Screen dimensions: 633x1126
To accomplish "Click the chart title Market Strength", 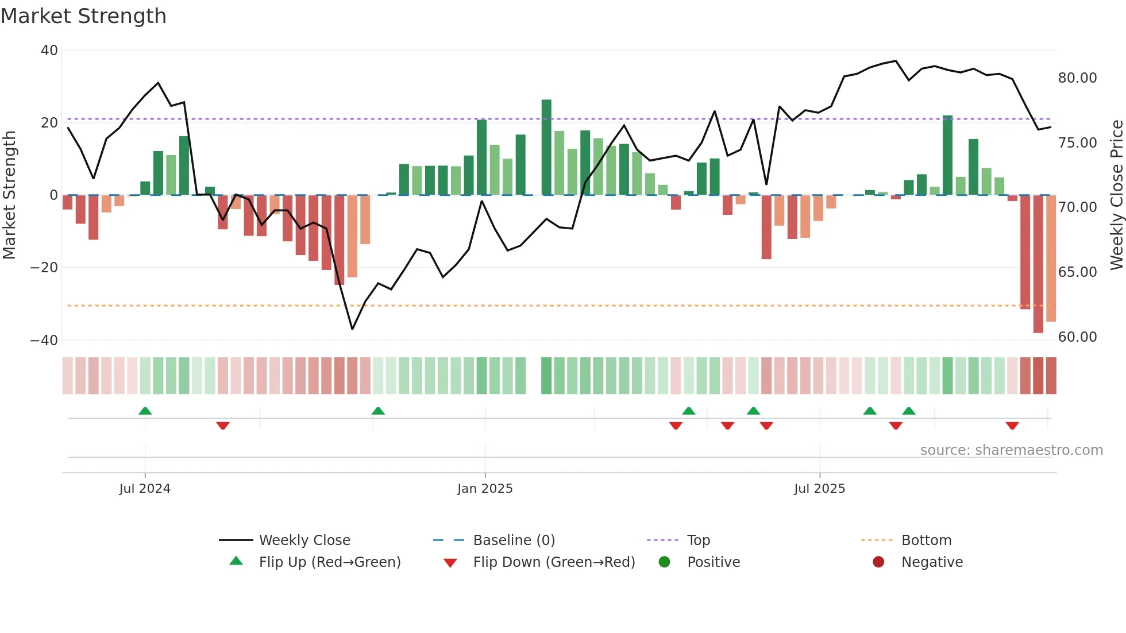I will (83, 16).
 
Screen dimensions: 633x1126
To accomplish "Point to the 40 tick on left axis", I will (49, 51).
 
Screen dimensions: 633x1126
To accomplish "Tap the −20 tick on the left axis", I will (44, 268).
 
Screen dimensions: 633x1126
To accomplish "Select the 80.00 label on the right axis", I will (1077, 78).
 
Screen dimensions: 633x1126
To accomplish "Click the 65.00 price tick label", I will (1077, 272).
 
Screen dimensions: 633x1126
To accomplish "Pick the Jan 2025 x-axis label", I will (485, 489).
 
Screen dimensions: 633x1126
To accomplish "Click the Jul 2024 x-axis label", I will (145, 489).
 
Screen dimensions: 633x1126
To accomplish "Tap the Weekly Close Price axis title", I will (1116, 195).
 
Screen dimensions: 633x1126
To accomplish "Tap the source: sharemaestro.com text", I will (1011, 450).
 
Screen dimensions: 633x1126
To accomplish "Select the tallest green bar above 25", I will (546, 146).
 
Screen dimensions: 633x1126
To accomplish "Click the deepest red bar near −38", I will (1038, 264).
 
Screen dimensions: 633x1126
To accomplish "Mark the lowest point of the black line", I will (352, 329).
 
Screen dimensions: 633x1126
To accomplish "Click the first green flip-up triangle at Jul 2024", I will (145, 411).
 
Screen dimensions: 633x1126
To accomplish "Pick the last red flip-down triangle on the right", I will (1012, 426).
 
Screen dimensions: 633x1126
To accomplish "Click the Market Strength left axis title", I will (10, 195).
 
